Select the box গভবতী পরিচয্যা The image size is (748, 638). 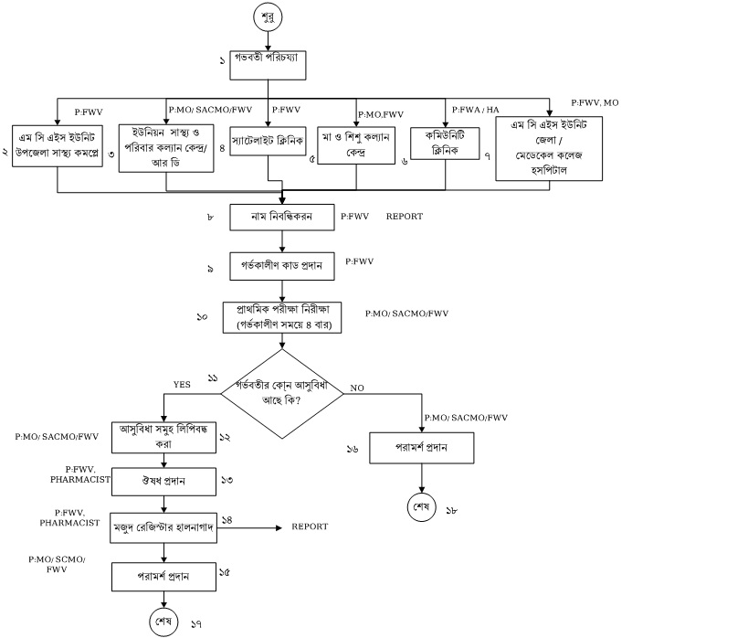coord(269,64)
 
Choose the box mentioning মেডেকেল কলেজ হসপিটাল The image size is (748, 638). coord(549,148)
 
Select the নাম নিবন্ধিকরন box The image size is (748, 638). coord(282,218)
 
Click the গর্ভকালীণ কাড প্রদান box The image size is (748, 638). coord(282,265)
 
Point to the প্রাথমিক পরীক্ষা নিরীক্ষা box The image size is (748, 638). coord(282,315)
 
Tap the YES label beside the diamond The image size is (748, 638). coord(182,385)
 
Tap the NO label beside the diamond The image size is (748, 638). coord(357,388)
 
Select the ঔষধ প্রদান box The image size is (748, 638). coord(163,480)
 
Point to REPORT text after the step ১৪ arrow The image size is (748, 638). coord(310,527)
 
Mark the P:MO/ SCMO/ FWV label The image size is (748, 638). coord(57,563)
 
